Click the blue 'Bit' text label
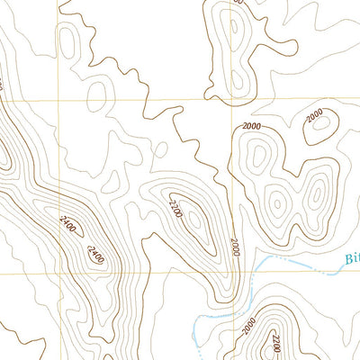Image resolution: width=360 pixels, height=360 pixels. pyautogui.click(x=351, y=259)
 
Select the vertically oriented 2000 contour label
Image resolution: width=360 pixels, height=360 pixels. pyautogui.click(x=236, y=245)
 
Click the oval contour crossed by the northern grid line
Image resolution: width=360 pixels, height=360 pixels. pyautogui.click(x=98, y=96)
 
